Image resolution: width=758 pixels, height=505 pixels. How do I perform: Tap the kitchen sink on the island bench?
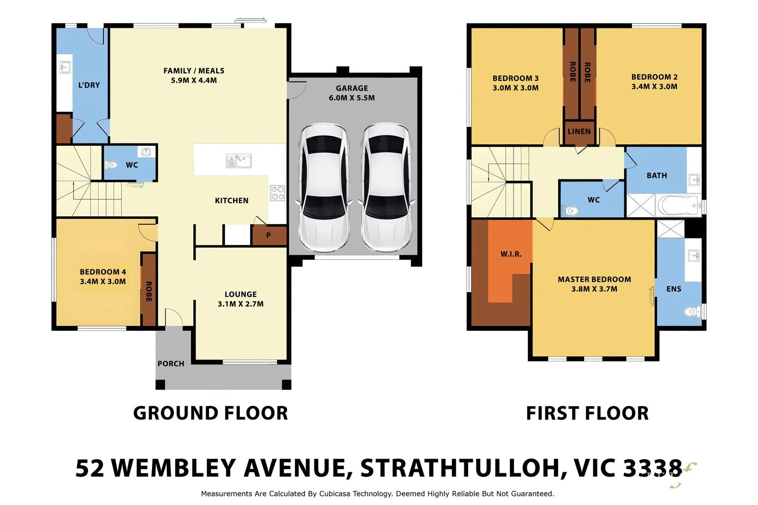[238, 161]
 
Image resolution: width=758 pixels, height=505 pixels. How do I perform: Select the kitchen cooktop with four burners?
[277, 193]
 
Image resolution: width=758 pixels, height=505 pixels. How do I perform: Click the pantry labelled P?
[269, 235]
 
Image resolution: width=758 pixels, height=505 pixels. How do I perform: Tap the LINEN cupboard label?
[579, 132]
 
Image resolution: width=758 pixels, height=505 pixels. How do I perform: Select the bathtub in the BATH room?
[678, 205]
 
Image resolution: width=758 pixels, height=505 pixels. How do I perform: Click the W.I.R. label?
[511, 254]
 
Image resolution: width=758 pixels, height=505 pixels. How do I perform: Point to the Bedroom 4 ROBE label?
[148, 292]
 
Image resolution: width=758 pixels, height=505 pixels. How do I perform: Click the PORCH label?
[171, 363]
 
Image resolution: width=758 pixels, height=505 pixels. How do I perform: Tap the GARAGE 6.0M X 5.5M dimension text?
[352, 98]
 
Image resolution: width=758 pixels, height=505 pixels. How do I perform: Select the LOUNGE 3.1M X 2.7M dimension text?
[240, 304]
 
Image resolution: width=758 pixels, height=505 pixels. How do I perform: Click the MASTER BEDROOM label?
[594, 279]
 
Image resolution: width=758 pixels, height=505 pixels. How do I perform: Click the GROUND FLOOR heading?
[210, 413]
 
